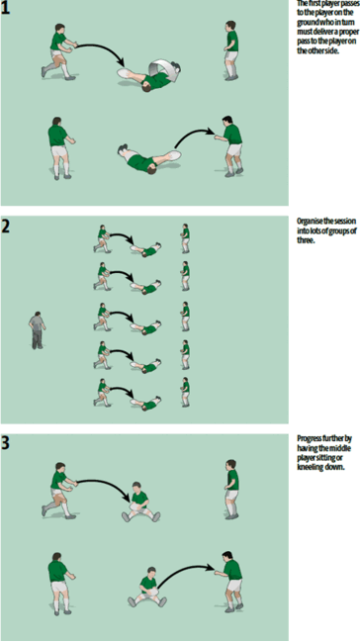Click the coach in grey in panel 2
click(x=37, y=329)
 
